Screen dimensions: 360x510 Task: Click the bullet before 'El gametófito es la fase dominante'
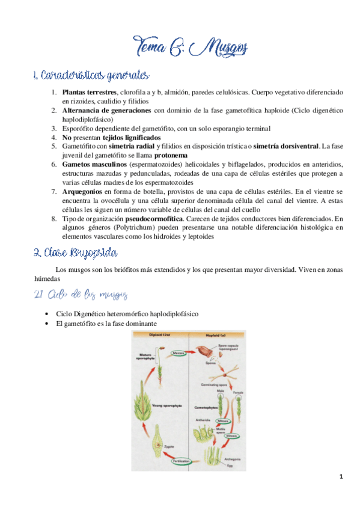point(47,323)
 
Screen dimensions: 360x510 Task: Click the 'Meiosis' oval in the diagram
point(179,354)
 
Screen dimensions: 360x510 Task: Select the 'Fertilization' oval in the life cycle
point(182,461)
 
